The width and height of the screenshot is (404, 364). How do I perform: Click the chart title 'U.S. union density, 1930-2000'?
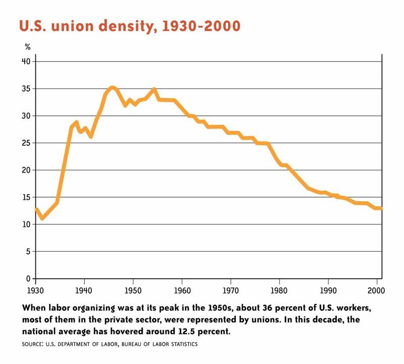(x=129, y=26)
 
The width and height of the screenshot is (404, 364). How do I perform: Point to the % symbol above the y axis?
(x=28, y=47)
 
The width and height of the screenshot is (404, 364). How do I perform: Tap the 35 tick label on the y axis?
(x=26, y=88)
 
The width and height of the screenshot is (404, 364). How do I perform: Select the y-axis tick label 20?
(x=26, y=170)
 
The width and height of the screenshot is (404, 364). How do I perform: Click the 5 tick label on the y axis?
(x=28, y=251)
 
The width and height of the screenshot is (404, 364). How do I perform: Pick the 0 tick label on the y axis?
(x=28, y=279)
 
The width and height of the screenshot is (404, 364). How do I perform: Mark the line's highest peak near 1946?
(x=113, y=87)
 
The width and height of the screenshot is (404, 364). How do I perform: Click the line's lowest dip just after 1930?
(x=42, y=218)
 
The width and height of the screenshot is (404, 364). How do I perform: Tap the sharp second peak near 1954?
(x=154, y=89)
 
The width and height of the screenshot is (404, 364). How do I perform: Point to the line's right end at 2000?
(x=381, y=208)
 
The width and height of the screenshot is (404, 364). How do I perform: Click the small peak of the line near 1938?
(x=76, y=122)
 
